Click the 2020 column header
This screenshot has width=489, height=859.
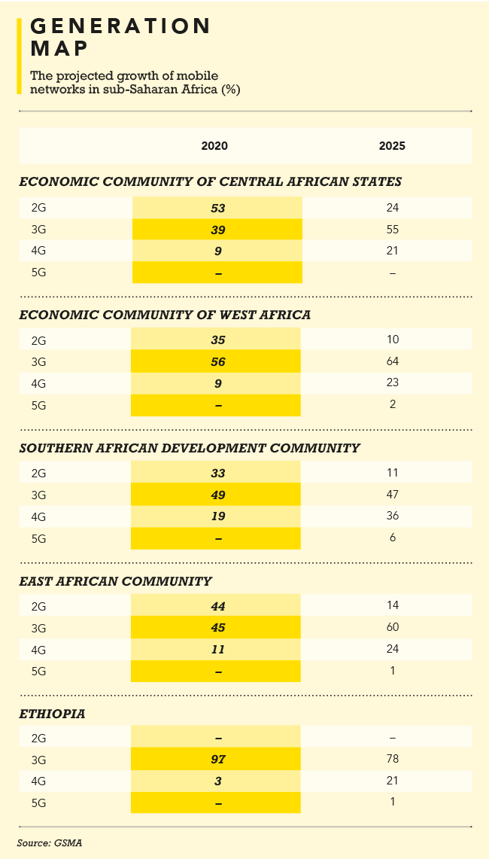point(214,146)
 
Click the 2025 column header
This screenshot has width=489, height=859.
point(392,146)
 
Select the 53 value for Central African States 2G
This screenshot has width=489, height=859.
point(218,208)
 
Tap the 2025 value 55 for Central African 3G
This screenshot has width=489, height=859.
point(392,229)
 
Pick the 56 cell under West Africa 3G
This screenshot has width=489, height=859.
point(218,361)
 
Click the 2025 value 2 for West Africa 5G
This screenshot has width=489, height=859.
point(392,404)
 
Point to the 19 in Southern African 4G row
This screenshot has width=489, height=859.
point(218,516)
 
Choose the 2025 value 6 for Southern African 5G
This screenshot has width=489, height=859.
point(392,538)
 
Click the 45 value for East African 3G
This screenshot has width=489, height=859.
point(218,627)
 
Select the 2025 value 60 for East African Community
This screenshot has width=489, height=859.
point(392,627)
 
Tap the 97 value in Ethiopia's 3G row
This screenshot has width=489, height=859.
point(218,759)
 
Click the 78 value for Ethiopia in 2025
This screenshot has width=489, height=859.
point(392,759)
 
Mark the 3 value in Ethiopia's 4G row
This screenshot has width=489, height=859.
point(218,781)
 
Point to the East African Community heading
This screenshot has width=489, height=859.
point(115,580)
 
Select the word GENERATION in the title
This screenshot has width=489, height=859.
point(120,26)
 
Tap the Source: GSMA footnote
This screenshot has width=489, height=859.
point(49,842)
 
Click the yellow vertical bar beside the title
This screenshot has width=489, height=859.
point(19,56)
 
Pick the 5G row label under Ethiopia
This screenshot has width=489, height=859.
point(39,803)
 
